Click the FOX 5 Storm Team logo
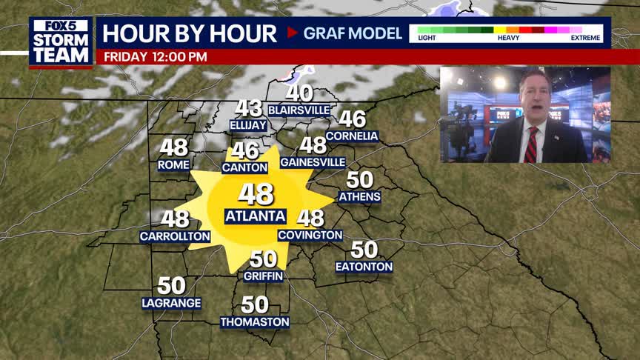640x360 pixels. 61,41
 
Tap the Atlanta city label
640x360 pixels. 256,216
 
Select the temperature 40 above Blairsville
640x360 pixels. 299,93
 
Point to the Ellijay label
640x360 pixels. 248,126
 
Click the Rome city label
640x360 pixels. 174,165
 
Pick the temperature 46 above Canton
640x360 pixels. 245,151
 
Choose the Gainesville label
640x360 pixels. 313,162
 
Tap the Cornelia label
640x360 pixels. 352,136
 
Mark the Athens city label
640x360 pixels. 359,197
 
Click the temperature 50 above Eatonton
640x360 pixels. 364,250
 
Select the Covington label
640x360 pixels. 310,236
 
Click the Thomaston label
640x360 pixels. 255,322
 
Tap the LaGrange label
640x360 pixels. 171,303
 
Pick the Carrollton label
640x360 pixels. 175,236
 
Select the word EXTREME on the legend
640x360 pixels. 585,38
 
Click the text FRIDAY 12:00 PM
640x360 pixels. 155,57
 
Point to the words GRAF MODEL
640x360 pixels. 353,33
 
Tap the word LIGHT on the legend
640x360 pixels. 427,38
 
